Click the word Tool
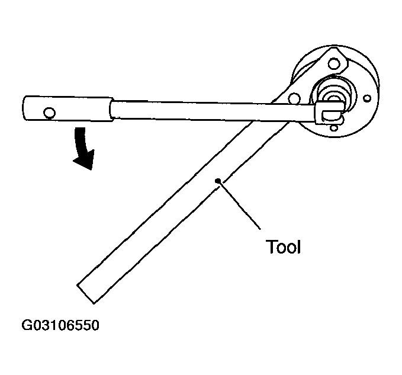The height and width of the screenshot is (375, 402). [x=282, y=247]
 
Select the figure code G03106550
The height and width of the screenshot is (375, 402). [x=60, y=325]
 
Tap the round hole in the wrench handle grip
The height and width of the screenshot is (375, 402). [x=49, y=113]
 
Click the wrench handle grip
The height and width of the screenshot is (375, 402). [x=68, y=108]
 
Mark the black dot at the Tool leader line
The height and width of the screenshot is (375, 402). [x=218, y=181]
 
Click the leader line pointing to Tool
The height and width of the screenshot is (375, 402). [x=239, y=205]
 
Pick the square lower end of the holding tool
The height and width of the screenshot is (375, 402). [x=86, y=294]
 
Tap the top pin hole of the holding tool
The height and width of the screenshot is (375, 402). [x=333, y=64]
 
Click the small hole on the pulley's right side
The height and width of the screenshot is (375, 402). [x=368, y=98]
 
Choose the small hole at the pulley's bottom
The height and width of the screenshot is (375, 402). [x=333, y=128]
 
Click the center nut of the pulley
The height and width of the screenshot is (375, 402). [x=333, y=98]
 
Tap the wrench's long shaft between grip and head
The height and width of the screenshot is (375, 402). [x=213, y=111]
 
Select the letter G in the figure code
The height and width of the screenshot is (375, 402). [x=26, y=325]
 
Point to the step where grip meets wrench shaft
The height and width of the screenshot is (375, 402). [x=112, y=109]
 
